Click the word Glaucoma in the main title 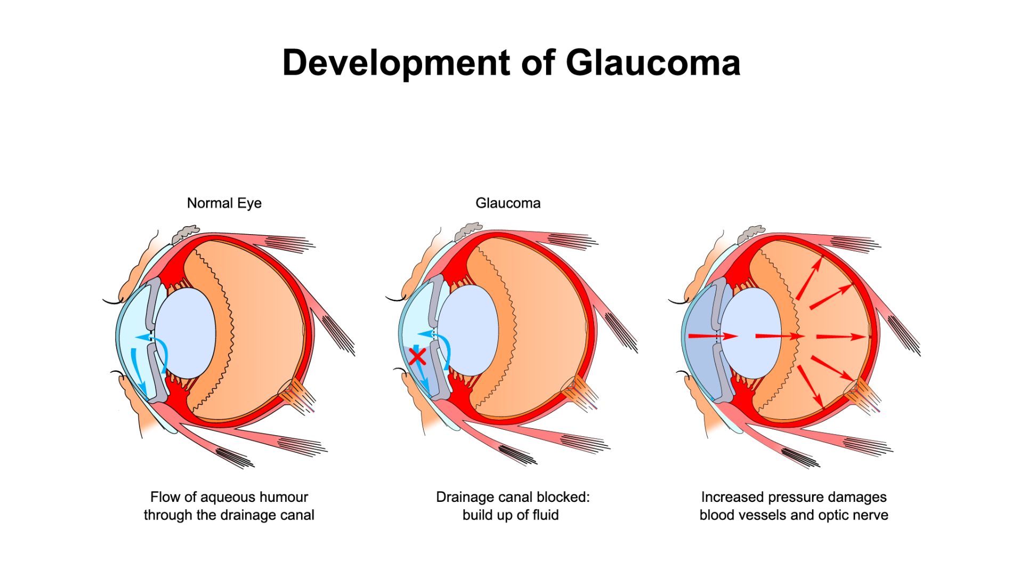653,63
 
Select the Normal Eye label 224,203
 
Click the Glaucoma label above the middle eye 508,203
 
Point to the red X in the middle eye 417,356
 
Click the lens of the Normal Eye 185,333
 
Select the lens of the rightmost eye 751,333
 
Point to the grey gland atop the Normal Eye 185,233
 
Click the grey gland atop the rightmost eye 751,233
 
